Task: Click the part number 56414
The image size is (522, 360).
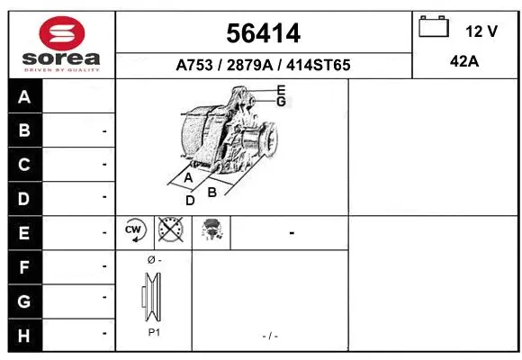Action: (264, 34)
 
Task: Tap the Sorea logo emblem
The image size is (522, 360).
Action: (61, 33)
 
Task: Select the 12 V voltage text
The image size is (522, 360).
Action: (481, 31)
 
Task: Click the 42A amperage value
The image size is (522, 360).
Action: (466, 63)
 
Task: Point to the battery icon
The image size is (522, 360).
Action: (434, 27)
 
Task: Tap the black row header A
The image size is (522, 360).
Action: (24, 97)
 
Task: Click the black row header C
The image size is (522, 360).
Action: (24, 165)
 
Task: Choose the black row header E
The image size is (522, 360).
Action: (24, 233)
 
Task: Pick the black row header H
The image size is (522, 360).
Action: (24, 335)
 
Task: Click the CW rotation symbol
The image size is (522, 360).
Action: (135, 232)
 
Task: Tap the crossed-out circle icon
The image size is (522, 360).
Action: (171, 232)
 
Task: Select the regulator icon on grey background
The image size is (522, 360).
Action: (212, 232)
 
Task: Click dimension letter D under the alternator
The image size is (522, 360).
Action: (190, 200)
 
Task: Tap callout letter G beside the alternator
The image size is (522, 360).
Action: (281, 102)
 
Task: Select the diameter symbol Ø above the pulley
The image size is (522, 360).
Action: (150, 260)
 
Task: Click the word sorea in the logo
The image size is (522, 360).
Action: (61, 59)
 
